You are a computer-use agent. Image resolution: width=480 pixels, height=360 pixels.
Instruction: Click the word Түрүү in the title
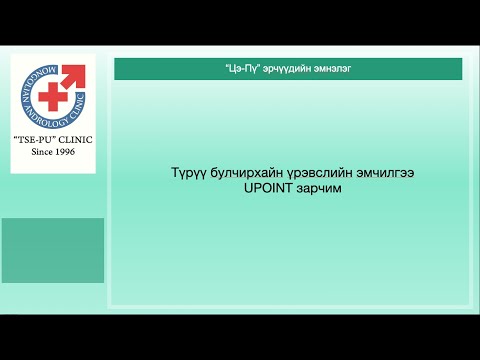188,173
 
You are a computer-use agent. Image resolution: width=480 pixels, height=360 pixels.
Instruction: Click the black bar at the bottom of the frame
240,337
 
